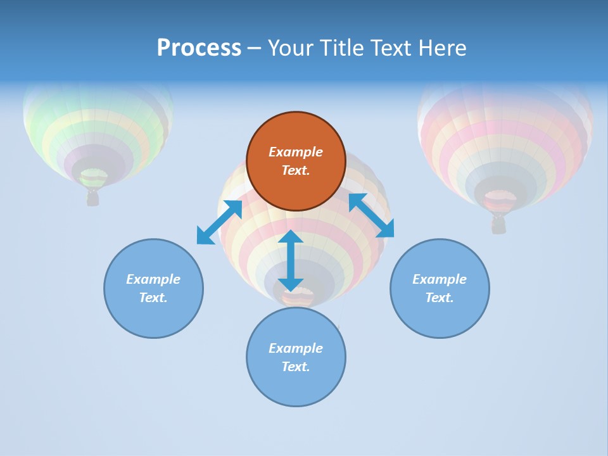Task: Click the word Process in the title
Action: point(199,48)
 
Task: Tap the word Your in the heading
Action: point(292,48)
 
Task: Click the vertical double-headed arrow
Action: point(290,260)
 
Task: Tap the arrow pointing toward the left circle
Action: point(219,222)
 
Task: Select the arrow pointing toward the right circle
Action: point(371,215)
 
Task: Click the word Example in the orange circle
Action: point(296,152)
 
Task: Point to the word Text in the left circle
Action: point(153,298)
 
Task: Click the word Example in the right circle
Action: point(440,279)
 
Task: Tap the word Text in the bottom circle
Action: point(296,367)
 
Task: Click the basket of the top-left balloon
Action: point(93,198)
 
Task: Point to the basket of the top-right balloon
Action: point(499,224)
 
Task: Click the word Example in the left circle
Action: point(153,279)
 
